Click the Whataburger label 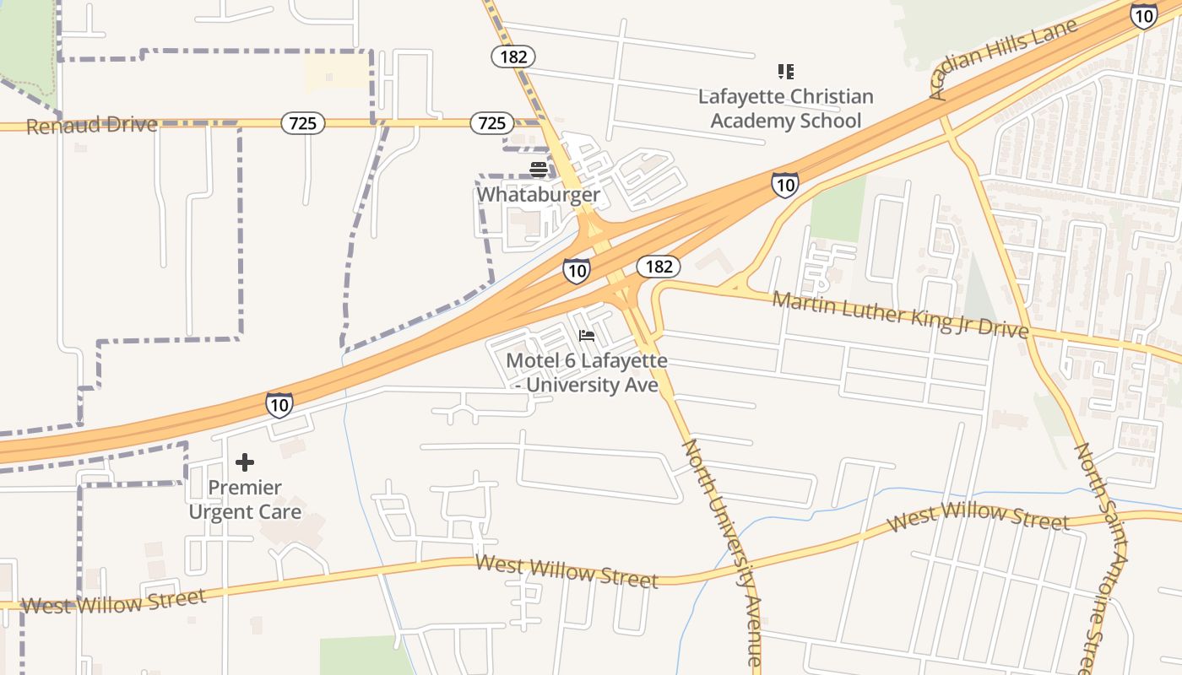point(538,195)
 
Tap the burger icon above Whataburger point(539,169)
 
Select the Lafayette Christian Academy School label point(785,109)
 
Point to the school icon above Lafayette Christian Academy point(786,72)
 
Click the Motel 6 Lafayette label point(587,373)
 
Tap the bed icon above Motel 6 point(587,336)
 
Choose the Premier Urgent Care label point(245,499)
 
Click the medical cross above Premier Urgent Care point(245,462)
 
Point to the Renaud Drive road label point(92,126)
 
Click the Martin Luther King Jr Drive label point(900,314)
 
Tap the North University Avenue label point(723,553)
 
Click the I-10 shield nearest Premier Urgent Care point(279,405)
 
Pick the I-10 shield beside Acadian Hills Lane point(1144,15)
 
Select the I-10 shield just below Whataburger point(576,271)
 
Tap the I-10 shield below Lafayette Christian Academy point(784,184)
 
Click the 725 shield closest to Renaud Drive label point(302,124)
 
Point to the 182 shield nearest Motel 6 point(658,267)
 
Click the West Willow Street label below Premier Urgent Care point(113,602)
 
